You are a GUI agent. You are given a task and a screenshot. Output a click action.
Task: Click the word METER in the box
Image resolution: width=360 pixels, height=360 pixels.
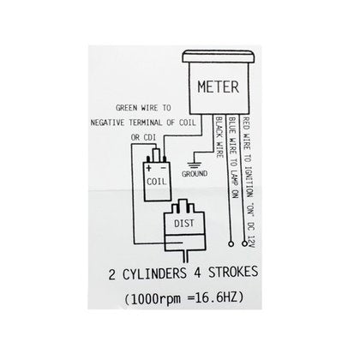[218, 87]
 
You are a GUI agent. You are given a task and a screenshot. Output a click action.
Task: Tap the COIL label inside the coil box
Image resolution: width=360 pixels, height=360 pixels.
[156, 182]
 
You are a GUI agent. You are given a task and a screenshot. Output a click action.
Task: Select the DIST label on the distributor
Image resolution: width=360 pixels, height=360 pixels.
[184, 223]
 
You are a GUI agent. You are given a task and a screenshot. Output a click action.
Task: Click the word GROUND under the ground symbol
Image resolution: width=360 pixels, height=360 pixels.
[195, 174]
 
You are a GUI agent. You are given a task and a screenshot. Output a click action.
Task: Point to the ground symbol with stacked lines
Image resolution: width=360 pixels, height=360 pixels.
[195, 165]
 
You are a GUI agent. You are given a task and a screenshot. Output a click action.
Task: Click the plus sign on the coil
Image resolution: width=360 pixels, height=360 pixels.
[148, 168]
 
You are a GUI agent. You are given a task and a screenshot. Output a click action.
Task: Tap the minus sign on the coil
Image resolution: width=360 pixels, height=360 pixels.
[163, 168]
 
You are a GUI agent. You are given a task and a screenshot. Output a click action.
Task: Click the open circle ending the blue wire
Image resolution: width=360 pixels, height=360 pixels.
[231, 243]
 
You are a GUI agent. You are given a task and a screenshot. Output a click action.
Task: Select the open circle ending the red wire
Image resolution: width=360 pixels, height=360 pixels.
[244, 243]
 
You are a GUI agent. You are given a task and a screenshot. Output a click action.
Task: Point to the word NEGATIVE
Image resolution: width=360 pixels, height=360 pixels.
[107, 123]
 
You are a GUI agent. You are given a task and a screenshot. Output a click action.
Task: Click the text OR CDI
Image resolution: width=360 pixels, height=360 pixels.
[143, 137]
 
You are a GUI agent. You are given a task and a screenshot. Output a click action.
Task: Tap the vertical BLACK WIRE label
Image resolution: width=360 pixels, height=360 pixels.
[219, 137]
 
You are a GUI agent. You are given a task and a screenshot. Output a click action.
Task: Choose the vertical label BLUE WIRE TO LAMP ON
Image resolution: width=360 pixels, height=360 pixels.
[233, 157]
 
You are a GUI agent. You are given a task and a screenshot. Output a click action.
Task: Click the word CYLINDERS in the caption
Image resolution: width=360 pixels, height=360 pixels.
[154, 274]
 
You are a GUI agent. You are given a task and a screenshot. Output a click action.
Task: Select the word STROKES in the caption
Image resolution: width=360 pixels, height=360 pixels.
[233, 272]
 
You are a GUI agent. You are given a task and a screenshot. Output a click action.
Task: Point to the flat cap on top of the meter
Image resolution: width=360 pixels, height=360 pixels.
[219, 57]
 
